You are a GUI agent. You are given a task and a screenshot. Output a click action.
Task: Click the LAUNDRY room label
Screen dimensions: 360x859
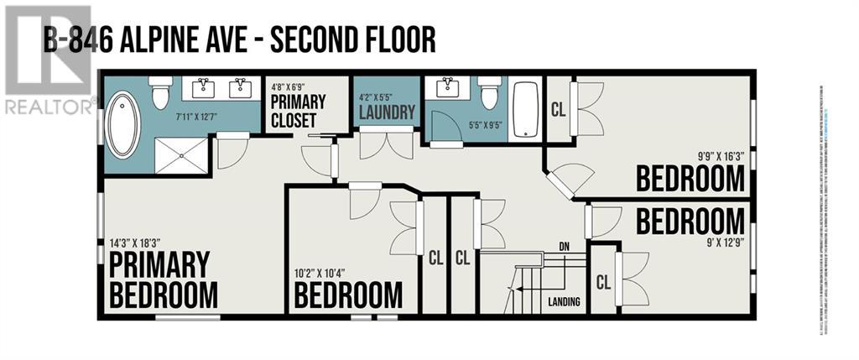(x=385, y=111)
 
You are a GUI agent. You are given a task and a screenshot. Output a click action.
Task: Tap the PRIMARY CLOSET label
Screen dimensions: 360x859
(x=297, y=111)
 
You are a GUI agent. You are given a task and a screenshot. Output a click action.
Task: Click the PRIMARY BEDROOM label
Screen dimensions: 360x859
(x=164, y=279)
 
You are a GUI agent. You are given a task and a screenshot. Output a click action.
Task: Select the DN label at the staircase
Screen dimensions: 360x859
(x=564, y=246)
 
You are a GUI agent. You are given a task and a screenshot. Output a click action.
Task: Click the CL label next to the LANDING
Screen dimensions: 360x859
(x=603, y=282)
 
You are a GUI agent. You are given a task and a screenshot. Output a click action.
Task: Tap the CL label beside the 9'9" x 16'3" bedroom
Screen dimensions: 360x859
(x=558, y=108)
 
